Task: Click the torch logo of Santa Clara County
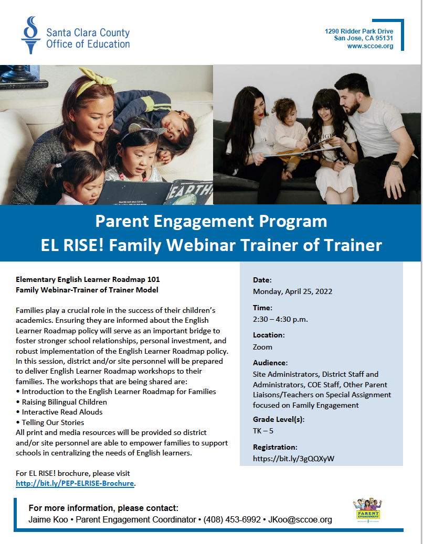31,35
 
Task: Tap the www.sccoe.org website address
370,46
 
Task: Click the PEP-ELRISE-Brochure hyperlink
75,483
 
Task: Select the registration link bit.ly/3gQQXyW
293,459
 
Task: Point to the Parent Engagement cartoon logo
368,510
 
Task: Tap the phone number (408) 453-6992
232,520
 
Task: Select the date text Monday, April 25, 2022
292,291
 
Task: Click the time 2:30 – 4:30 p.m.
280,319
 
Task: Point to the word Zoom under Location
262,347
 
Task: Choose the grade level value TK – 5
263,431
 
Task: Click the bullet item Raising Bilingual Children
64,402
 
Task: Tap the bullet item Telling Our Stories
53,422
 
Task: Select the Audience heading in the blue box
270,363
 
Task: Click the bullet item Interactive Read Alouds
62,412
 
